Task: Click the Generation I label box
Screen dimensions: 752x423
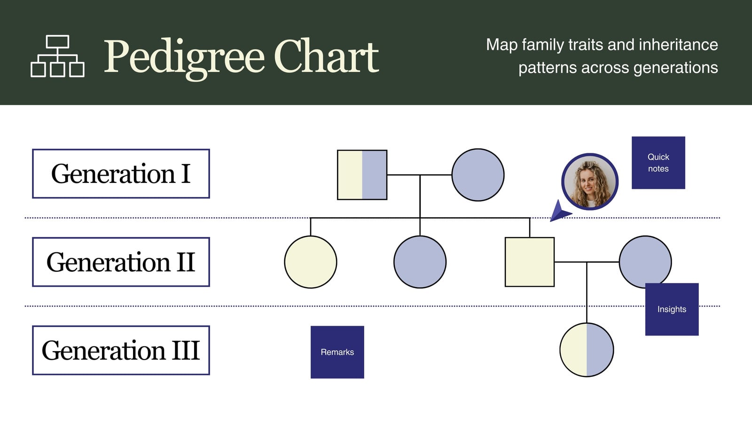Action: [x=121, y=173]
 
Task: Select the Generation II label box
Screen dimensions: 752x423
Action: [x=121, y=262]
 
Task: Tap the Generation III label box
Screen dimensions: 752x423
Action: [x=121, y=350]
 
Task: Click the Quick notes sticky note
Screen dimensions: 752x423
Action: [x=658, y=163]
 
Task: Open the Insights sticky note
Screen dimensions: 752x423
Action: [x=672, y=309]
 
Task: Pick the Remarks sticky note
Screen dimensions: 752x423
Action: [x=337, y=352]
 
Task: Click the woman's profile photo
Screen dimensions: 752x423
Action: [x=590, y=181]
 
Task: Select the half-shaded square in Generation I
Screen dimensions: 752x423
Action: [x=362, y=175]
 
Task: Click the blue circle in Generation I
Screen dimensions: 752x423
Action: [x=478, y=175]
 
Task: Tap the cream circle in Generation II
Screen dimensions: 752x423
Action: [x=311, y=262]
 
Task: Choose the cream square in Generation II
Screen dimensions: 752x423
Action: [x=530, y=262]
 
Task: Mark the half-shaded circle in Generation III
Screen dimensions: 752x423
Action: [x=587, y=350]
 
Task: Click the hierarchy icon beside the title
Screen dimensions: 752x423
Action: [x=57, y=56]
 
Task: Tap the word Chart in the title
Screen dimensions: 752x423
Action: [x=326, y=55]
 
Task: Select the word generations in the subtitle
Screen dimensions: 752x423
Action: [x=676, y=68]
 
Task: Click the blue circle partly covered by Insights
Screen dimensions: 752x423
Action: [x=645, y=260]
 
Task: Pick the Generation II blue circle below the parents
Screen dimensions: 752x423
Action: [x=420, y=262]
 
